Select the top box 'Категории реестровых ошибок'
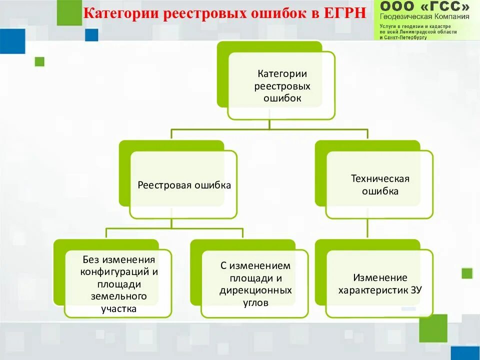click(281, 85)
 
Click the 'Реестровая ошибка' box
click(183, 185)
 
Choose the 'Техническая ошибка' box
click(379, 184)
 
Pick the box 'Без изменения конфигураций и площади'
click(118, 283)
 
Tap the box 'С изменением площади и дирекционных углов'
click(255, 283)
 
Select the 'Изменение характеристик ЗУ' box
click(379, 283)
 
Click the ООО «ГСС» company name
click(424, 6)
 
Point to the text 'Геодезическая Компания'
click(424, 16)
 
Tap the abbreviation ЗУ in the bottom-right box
click(414, 290)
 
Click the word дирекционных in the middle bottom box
click(255, 290)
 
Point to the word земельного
click(118, 296)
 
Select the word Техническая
click(380, 178)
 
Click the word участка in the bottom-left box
click(118, 308)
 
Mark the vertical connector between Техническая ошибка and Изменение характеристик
click(367, 229)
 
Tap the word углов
click(255, 302)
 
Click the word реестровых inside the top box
click(282, 86)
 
